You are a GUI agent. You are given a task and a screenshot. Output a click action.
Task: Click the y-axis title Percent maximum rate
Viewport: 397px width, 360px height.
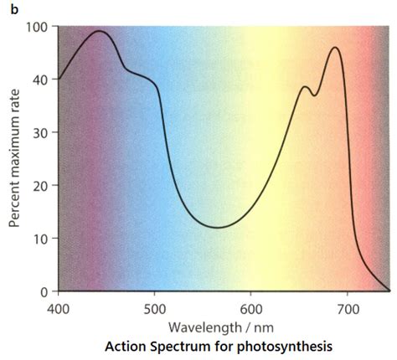point(14,159)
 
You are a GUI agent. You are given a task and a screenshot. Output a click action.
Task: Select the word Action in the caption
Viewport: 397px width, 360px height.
point(126,345)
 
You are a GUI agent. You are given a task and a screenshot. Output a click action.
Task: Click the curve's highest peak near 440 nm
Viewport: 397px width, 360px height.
point(99,31)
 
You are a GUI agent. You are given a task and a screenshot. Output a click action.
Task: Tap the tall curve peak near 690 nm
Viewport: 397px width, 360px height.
point(335,48)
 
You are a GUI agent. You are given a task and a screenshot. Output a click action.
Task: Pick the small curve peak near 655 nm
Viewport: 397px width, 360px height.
point(305,87)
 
